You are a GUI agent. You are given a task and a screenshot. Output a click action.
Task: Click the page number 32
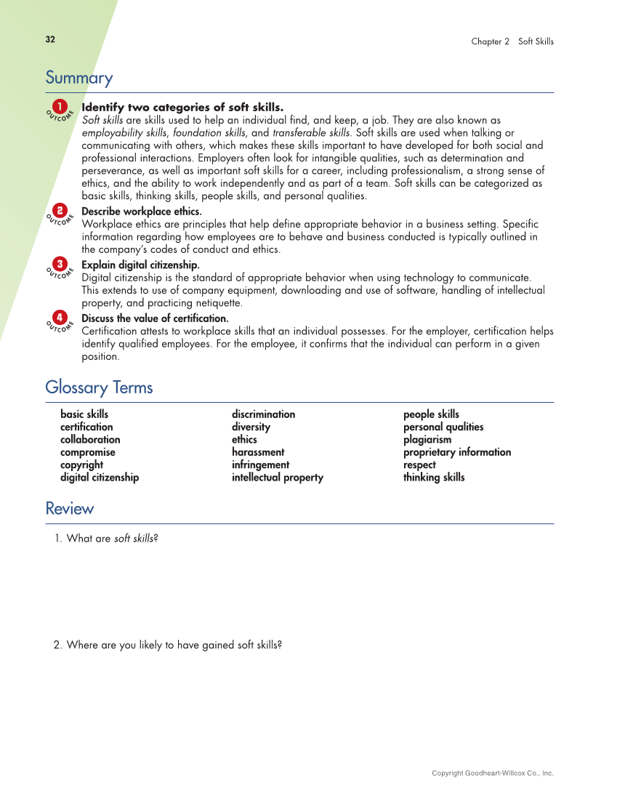point(50,40)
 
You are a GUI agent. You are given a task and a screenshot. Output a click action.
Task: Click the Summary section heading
point(79,78)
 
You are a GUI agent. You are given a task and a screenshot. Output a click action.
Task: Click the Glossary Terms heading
point(99,388)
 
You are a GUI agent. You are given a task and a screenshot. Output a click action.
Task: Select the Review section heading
point(70,509)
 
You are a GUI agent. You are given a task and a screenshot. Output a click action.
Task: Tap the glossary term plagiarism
point(427,440)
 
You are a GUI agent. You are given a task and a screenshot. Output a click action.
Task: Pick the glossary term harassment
point(258,452)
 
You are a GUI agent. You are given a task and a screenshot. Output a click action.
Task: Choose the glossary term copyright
point(81,465)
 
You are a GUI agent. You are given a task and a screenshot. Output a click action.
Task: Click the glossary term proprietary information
point(457,452)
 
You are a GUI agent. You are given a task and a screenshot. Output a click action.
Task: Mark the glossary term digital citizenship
point(100,478)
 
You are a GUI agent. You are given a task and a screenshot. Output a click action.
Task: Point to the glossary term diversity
point(251,427)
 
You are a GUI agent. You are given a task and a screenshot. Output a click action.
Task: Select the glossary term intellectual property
point(278,478)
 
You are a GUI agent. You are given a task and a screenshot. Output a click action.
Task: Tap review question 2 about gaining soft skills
point(168,645)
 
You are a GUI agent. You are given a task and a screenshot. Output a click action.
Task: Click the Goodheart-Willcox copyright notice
point(492,773)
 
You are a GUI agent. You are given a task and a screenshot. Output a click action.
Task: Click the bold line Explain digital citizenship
point(140,265)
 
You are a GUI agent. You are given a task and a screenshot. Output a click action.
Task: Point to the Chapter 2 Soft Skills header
point(512,41)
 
